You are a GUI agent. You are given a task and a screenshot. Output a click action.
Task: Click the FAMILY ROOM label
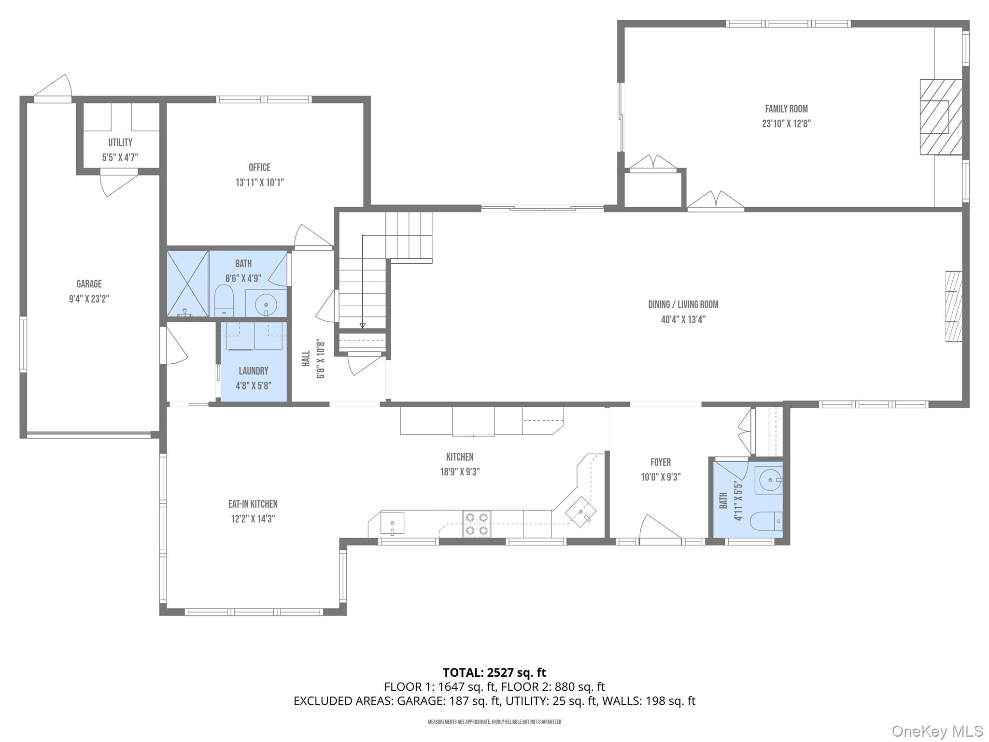coord(786,109)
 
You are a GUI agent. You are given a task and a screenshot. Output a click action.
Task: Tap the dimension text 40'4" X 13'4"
coord(683,319)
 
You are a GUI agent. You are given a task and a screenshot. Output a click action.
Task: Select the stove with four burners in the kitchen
coord(477,524)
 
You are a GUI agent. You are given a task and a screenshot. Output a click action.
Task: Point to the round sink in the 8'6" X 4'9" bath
coord(266,305)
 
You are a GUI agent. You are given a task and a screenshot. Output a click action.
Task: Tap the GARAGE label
coord(89,284)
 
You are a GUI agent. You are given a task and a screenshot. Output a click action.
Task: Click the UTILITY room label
coord(120,143)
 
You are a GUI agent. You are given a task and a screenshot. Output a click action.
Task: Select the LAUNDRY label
coord(254,371)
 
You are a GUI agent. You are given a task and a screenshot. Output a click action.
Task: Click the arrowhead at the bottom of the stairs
coord(363,326)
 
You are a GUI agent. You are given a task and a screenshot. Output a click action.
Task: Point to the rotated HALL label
coord(306,358)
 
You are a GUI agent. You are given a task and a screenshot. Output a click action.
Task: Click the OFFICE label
coord(259,168)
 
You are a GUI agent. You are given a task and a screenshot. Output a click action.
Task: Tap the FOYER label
coord(660,462)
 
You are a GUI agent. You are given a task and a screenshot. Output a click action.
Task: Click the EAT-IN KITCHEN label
coord(253,504)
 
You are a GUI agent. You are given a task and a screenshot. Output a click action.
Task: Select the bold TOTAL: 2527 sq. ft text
coord(494,672)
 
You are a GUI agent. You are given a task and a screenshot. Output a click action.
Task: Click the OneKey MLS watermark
coord(937,731)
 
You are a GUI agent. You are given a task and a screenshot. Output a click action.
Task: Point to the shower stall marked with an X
coord(187,284)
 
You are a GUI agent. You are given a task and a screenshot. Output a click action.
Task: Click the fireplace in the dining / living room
coord(953,307)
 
